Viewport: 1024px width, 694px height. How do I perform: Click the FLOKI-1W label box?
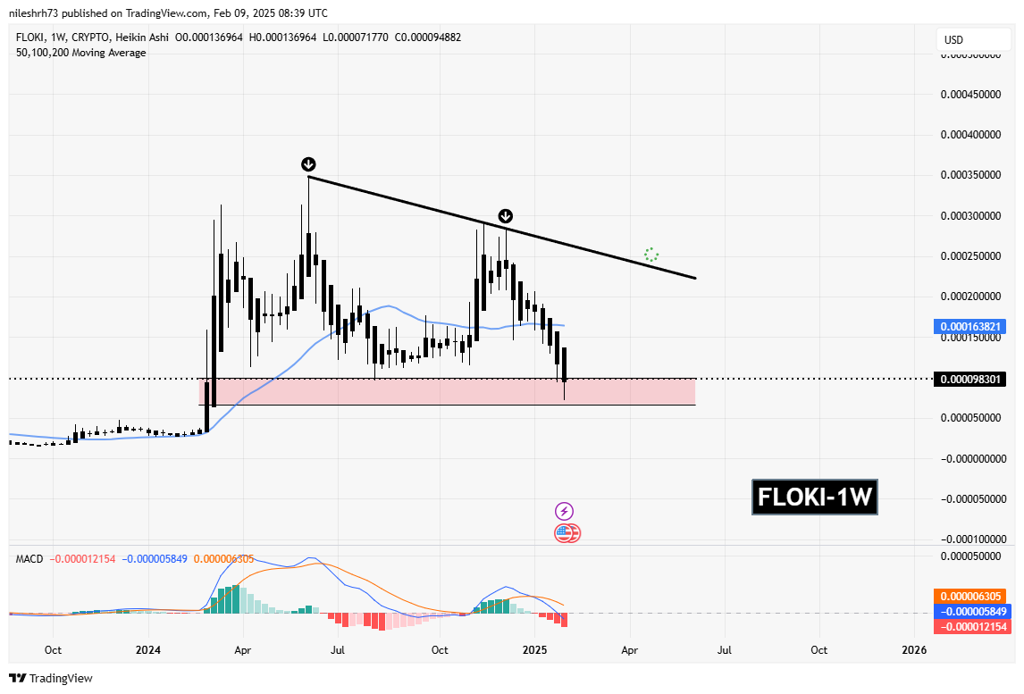(x=814, y=497)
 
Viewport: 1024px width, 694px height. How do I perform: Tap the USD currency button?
(x=954, y=40)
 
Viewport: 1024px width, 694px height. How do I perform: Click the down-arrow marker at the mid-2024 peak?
(x=308, y=163)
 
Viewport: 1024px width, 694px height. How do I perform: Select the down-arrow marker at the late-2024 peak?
(x=505, y=216)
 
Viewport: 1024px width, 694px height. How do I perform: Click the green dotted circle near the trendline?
(x=651, y=255)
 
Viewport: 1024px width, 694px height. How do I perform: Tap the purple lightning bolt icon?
(x=564, y=511)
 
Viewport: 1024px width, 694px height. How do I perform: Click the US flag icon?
(x=565, y=533)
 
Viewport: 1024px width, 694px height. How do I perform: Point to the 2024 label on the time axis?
(x=147, y=650)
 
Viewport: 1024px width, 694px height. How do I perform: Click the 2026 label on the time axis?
(x=914, y=650)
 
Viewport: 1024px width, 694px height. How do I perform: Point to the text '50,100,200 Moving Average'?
(x=80, y=53)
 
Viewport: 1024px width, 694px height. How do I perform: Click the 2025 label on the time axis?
(x=534, y=650)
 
